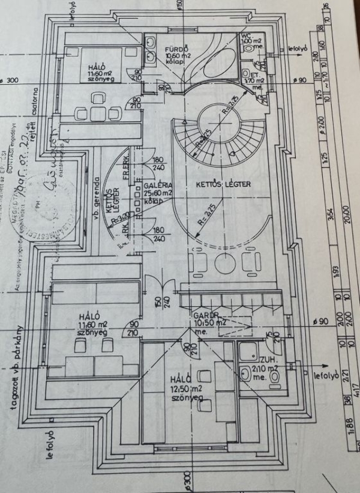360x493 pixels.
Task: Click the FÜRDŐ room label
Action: point(178,47)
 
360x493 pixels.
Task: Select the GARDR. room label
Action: point(205,315)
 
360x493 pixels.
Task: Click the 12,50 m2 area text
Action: point(184,389)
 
